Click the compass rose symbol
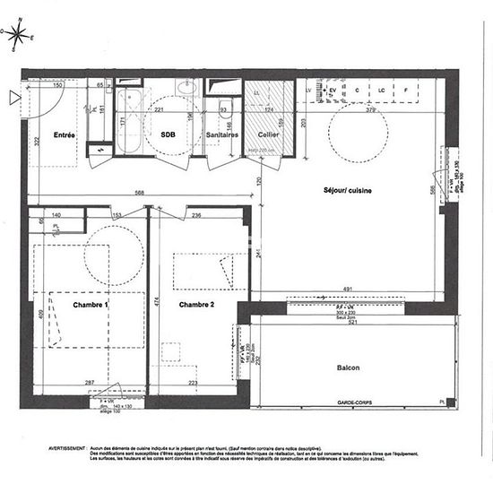click(19, 35)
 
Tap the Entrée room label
click(64, 135)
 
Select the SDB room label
click(168, 134)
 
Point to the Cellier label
click(269, 134)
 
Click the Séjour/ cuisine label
click(348, 191)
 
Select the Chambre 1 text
click(91, 305)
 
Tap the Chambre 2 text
click(196, 305)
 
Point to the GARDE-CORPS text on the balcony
click(354, 401)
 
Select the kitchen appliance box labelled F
click(406, 91)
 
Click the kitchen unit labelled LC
click(381, 91)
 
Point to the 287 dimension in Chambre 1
click(90, 383)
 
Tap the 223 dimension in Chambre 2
click(193, 383)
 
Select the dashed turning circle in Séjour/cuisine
click(359, 134)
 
